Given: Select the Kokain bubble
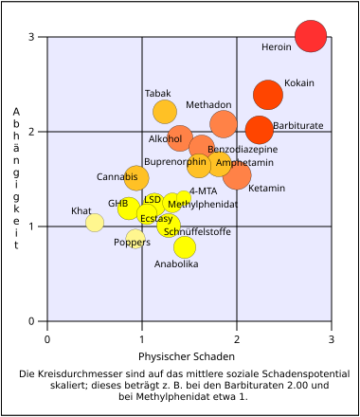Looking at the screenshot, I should click(268, 95).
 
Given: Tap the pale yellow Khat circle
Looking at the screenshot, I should click(95, 223).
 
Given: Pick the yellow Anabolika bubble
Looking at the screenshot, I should click(185, 247).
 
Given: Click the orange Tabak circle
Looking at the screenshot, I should click(165, 112).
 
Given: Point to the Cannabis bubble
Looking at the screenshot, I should click(136, 177).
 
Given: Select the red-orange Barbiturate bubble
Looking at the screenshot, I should click(259, 130).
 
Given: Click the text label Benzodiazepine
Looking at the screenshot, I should click(243, 150).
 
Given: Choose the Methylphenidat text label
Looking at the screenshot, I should click(202, 204).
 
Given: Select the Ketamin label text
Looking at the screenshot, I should click(266, 189).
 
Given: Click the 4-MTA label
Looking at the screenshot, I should click(203, 191).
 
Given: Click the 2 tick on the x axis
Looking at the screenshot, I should click(236, 338).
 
